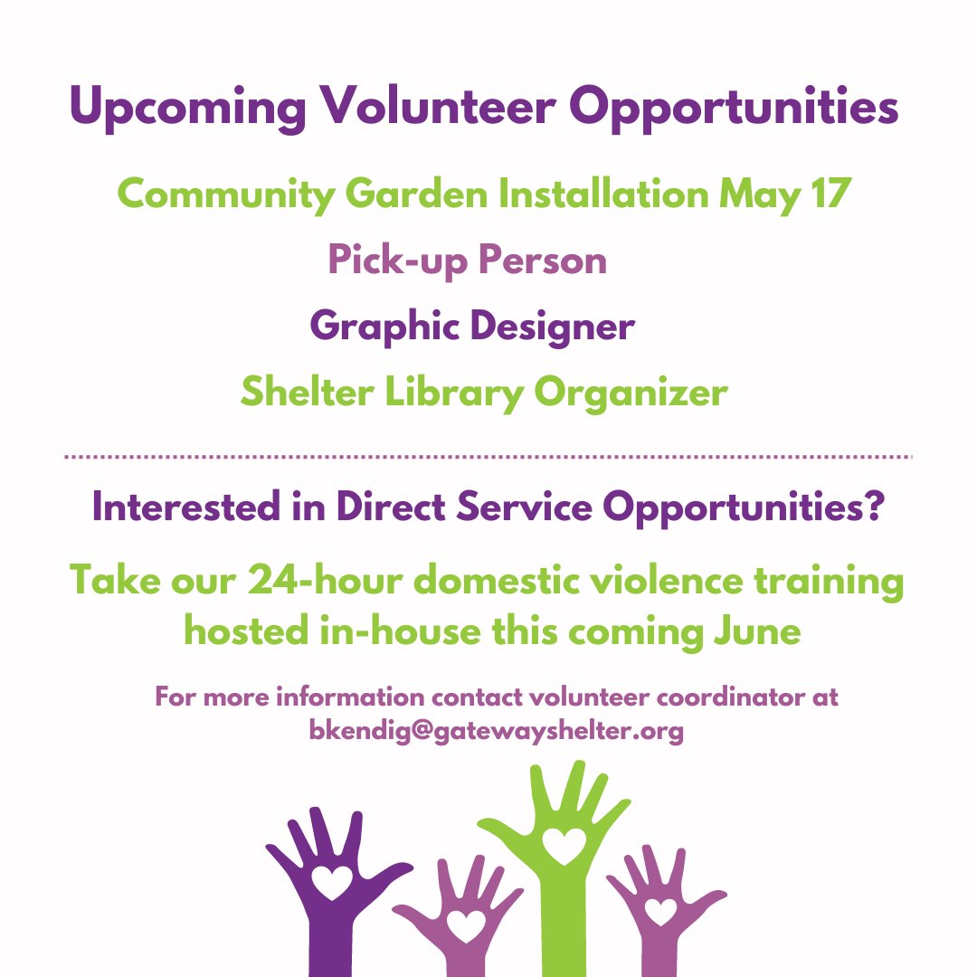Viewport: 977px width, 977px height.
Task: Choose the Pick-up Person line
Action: [x=467, y=261]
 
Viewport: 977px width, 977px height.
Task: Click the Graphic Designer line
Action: [x=471, y=327]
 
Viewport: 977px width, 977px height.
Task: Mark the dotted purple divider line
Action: [x=488, y=458]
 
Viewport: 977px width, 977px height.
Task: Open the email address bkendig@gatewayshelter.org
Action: [x=496, y=731]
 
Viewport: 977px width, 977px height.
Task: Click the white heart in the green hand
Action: [x=564, y=845]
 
